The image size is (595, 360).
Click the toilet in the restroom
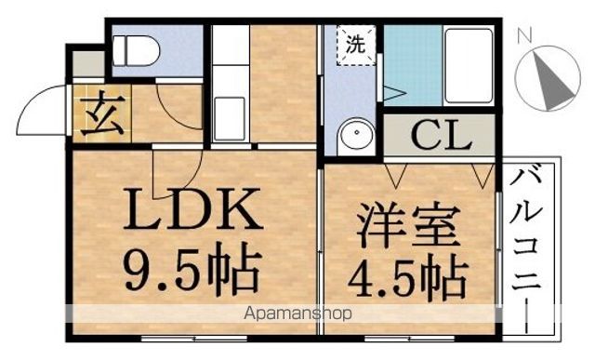tap(136, 50)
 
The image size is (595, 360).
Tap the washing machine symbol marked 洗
tap(356, 46)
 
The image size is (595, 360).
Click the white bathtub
tap(469, 66)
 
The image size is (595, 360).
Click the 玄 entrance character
tap(102, 113)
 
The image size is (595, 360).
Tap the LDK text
tap(192, 208)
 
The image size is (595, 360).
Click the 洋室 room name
tap(406, 226)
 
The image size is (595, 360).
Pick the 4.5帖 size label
tap(407, 279)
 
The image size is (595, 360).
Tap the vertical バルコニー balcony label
tap(527, 250)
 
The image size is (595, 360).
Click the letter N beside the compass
tap(524, 35)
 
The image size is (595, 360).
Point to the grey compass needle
tap(552, 81)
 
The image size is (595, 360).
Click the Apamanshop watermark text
tap(298, 313)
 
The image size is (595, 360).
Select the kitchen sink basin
tap(230, 118)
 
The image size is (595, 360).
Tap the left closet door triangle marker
tap(396, 176)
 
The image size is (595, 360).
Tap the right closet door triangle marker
tap(483, 176)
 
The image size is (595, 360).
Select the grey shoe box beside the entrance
tap(88, 63)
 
